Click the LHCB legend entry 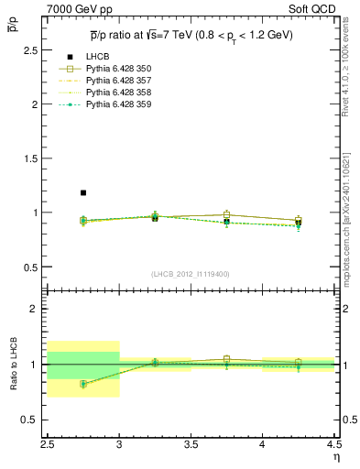(98, 57)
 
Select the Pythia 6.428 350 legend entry (119, 69)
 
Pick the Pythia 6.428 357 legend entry (119, 81)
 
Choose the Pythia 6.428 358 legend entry (119, 93)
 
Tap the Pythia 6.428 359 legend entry (119, 104)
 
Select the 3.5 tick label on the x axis (191, 446)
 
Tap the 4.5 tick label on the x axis (333, 446)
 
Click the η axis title (336, 457)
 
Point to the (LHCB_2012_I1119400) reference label (191, 274)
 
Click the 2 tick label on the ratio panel (38, 309)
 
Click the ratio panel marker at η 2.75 (83, 384)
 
